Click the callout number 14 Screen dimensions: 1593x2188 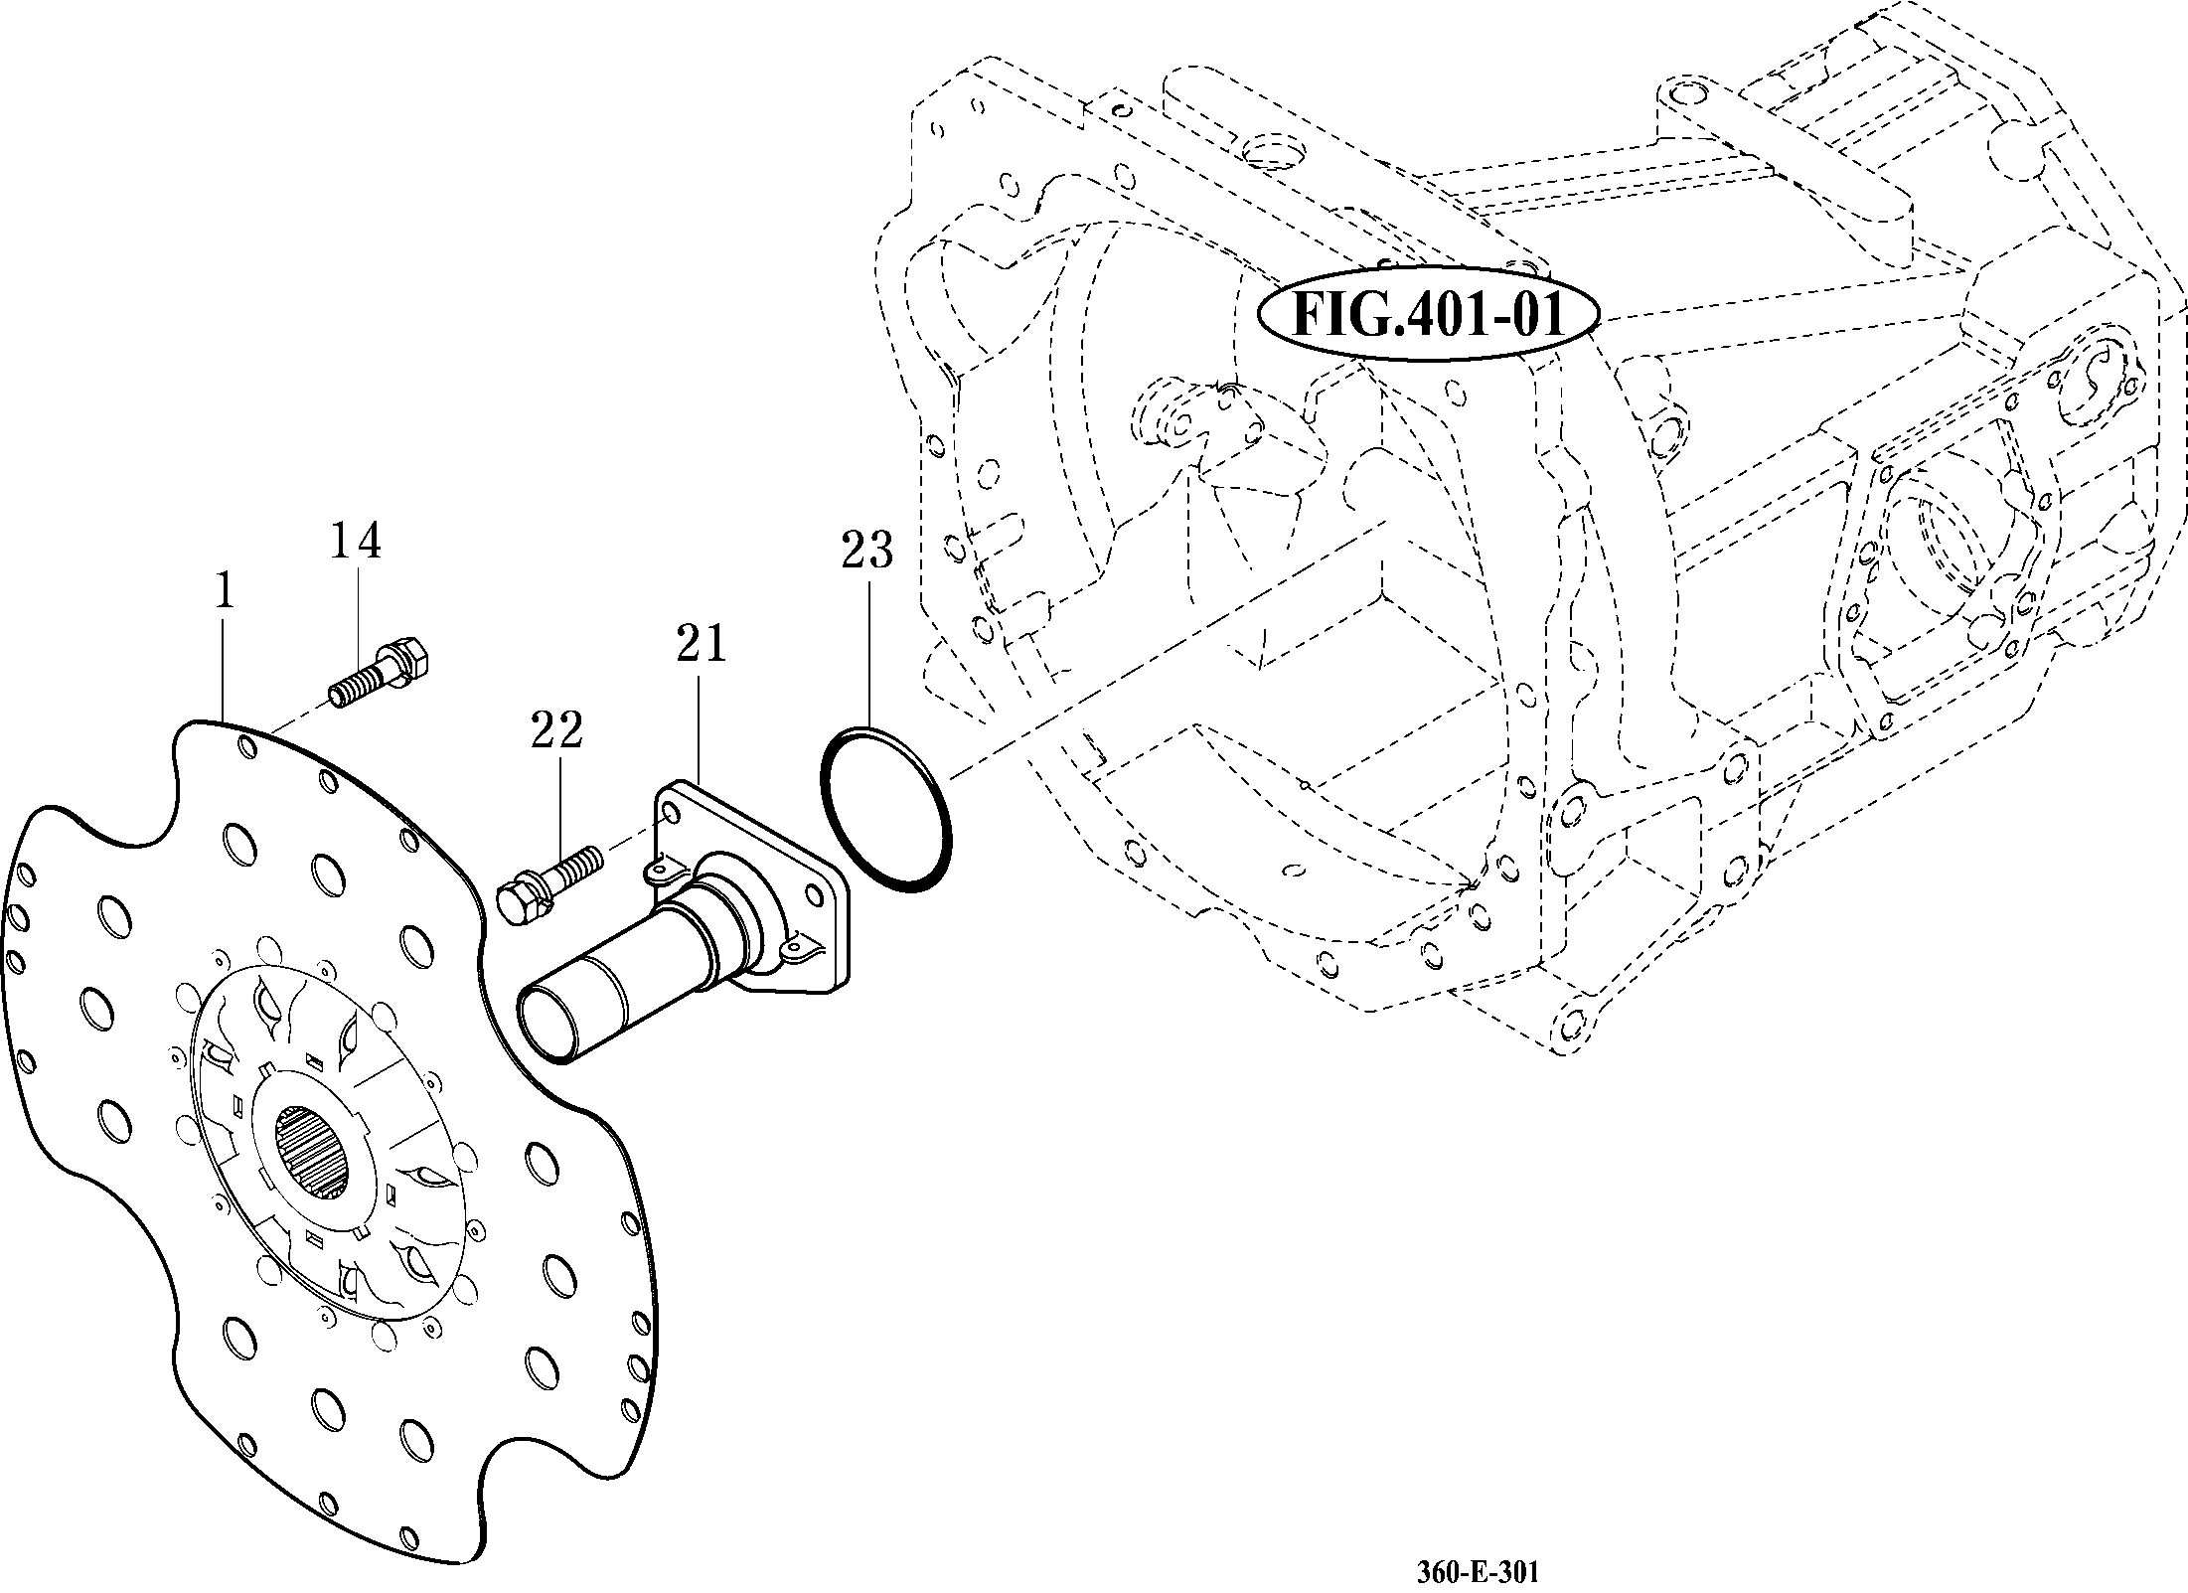[x=355, y=541]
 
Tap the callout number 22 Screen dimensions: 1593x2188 [x=556, y=730]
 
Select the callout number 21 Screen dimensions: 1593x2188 [x=701, y=644]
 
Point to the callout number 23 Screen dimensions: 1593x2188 [x=866, y=550]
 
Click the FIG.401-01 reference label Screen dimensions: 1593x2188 [x=1428, y=315]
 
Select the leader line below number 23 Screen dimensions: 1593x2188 [x=868, y=656]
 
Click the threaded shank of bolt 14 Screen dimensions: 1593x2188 [x=355, y=686]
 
